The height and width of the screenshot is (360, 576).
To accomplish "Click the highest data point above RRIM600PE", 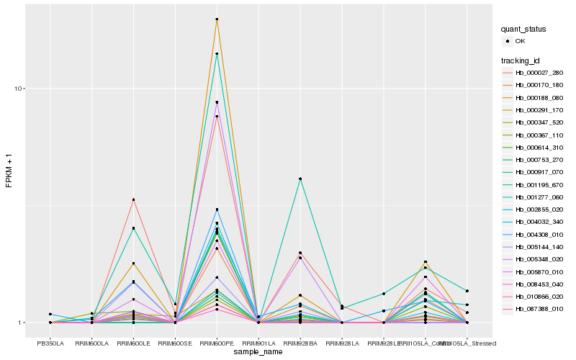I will pos(217,19).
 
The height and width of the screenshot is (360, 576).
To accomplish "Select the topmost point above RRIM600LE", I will pos(133,199).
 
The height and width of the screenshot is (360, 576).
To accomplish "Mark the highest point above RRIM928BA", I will pos(300,179).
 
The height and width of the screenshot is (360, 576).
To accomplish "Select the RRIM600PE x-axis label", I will pos(217,343).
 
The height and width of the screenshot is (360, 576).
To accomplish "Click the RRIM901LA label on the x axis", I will pos(258,343).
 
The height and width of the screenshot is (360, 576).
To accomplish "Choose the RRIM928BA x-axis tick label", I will pos(300,343).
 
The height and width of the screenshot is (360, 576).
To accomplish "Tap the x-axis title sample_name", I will pos(258,352).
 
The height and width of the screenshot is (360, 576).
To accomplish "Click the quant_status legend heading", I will pos(524,30).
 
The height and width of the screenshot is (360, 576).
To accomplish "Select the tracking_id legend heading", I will pos(521,60).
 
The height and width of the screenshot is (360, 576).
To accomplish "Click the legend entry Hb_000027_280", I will pos(539,73).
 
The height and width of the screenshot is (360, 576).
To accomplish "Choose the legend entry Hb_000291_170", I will pos(539,110).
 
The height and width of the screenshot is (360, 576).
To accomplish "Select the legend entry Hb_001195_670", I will pos(539,185).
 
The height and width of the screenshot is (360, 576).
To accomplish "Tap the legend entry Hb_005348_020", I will pos(539,259).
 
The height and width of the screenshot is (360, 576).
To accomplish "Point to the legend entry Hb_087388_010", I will pos(539,309).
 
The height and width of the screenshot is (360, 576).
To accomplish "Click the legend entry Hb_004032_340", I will pos(539,222).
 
